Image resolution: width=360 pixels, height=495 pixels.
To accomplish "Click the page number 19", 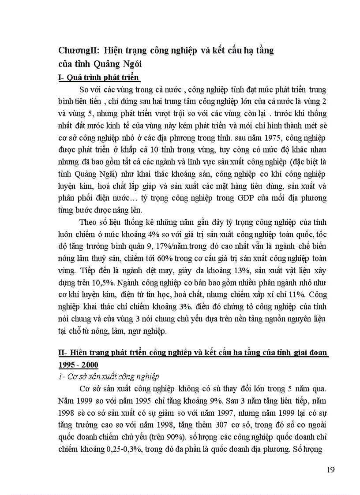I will [x=331, y=469].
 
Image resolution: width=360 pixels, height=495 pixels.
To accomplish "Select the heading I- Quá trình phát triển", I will [x=99, y=78].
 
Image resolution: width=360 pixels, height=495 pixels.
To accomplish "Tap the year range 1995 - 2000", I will [x=78, y=365].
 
